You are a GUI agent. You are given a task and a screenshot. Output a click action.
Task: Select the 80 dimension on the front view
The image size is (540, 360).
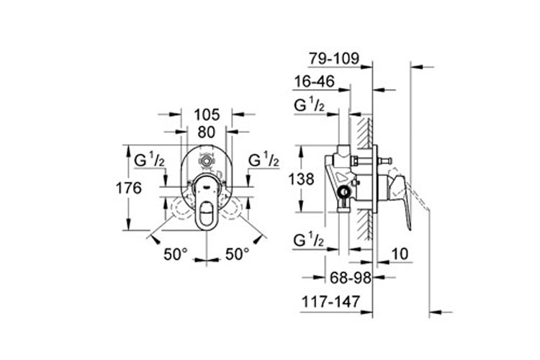pos(207,132)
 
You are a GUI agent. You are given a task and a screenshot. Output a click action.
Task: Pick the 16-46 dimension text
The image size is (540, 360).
pos(314,83)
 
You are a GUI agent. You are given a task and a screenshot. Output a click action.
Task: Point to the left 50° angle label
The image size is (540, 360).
pos(175,254)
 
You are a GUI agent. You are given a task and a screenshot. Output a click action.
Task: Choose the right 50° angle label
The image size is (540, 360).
pos(237,254)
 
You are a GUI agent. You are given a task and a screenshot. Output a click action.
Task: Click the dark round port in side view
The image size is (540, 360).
pos(345,192)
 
